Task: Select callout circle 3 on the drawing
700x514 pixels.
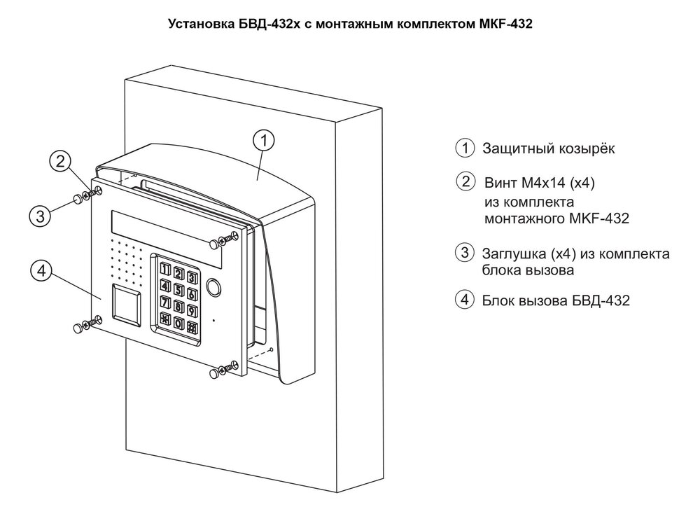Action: point(41,216)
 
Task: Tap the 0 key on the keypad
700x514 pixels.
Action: point(179,324)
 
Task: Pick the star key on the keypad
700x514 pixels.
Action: point(166,320)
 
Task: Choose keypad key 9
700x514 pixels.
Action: point(192,311)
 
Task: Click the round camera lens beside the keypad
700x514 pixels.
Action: point(213,287)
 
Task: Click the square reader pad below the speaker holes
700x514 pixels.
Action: point(127,306)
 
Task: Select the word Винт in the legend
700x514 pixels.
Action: point(498,183)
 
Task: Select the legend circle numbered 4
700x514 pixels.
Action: point(464,300)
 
